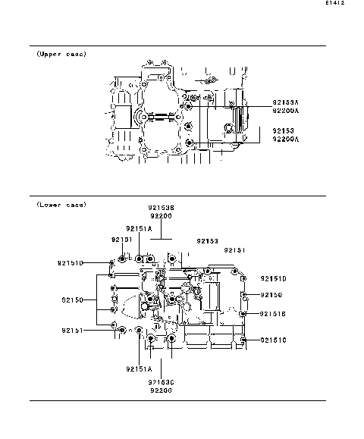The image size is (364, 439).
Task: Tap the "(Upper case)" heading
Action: (61, 55)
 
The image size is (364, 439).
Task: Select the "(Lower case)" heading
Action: (61, 205)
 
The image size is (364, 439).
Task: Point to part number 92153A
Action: (286, 102)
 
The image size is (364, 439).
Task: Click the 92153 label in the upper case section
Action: (283, 131)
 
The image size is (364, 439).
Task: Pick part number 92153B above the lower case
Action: (161, 207)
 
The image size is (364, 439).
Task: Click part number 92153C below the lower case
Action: (161, 381)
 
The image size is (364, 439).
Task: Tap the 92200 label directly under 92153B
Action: (161, 216)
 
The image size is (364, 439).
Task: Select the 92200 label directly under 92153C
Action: (161, 390)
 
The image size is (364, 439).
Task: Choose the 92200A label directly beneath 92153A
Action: (286, 111)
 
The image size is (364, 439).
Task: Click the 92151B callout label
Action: (274, 313)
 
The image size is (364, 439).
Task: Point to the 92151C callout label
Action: (274, 340)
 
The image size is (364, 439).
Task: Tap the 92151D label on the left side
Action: (70, 263)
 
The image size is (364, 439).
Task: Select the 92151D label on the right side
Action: (274, 278)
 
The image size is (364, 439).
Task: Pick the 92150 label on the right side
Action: (271, 295)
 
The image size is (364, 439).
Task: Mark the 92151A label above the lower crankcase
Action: (140, 227)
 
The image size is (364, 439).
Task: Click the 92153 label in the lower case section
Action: (208, 240)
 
